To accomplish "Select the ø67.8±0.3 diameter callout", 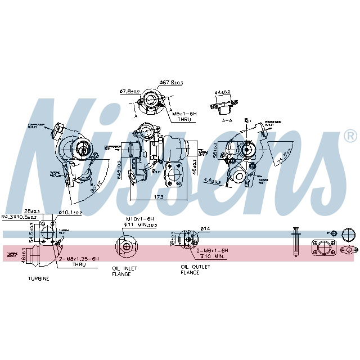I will point(171,83).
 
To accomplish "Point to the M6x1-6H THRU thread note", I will point(182,116).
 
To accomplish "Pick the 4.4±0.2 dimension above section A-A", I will point(223,92).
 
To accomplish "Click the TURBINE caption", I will point(38,278).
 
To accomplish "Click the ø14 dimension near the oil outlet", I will point(205,229).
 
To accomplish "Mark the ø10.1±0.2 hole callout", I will point(71,213).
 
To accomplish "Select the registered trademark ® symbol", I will point(350,136).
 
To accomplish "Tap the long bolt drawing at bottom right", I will point(294,242).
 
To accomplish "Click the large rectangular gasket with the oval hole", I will point(325,249).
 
